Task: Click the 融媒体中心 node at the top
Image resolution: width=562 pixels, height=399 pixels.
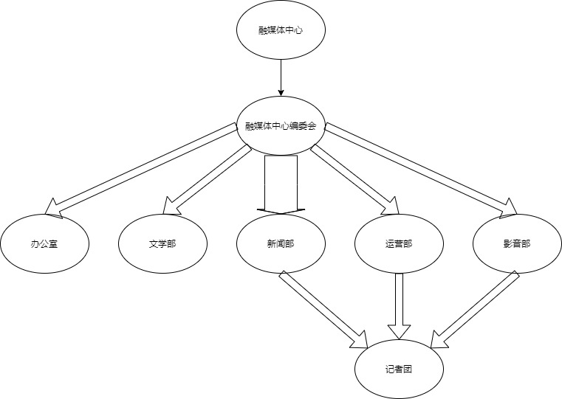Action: click(x=281, y=31)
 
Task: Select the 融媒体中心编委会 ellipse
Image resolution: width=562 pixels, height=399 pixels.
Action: click(x=281, y=125)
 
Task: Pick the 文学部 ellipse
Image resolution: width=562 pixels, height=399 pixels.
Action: click(x=162, y=243)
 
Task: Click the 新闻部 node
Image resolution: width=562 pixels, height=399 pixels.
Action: click(x=281, y=243)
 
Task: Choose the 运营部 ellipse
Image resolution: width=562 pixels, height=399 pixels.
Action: click(x=399, y=243)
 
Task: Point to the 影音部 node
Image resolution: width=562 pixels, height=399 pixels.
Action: click(x=516, y=243)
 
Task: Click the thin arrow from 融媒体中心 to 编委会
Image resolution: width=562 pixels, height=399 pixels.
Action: click(x=281, y=77)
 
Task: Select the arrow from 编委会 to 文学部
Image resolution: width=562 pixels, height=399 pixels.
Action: click(x=207, y=177)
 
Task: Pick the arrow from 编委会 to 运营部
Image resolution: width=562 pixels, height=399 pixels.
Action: click(x=351, y=177)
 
